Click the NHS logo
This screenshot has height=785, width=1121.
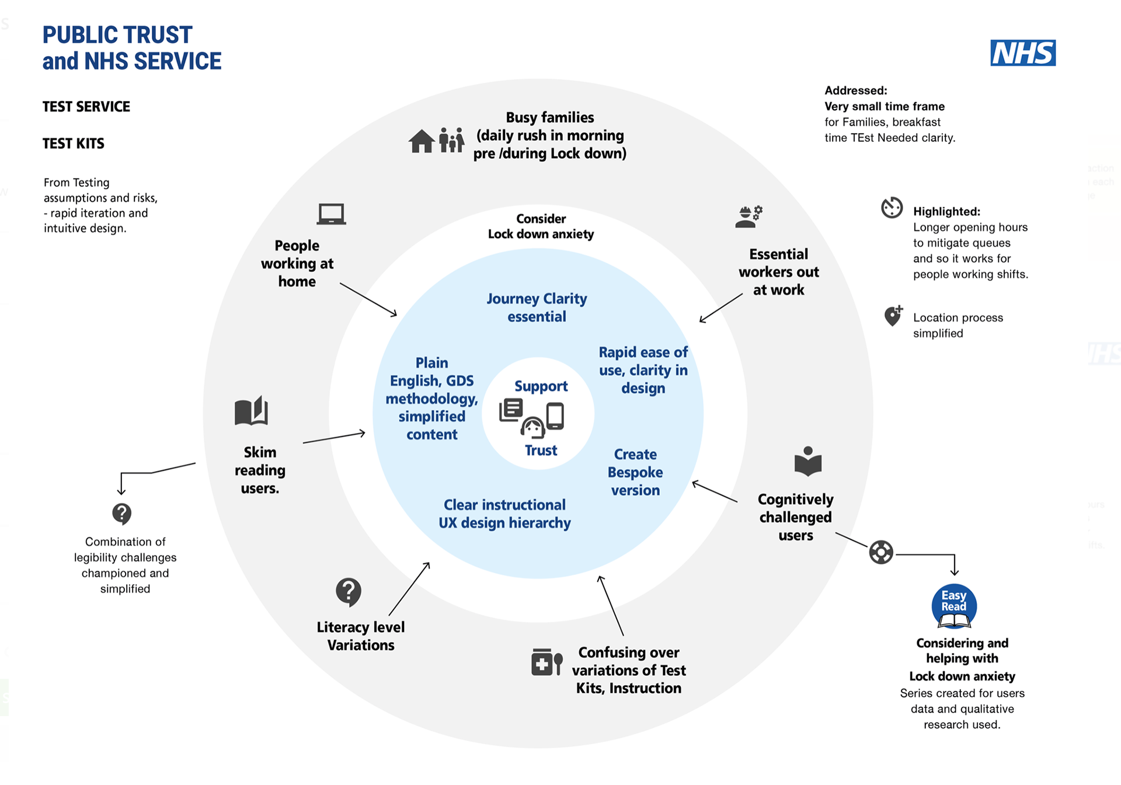[x=1023, y=53]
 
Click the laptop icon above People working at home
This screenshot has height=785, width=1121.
[x=331, y=214]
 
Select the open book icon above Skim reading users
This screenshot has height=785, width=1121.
[x=251, y=411]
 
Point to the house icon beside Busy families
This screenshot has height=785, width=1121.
[x=421, y=141]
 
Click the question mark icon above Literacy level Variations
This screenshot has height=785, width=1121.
[x=349, y=592]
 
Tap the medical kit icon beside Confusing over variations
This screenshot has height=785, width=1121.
[x=546, y=662]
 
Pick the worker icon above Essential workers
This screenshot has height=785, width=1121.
[x=749, y=217]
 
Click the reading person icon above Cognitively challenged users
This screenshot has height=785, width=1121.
[x=807, y=462]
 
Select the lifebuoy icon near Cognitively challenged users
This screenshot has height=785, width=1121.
[x=881, y=552]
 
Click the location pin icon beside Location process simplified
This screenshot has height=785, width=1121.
[x=893, y=316]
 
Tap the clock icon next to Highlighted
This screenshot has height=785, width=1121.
[x=892, y=208]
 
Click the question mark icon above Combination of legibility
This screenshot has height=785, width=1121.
[x=121, y=514]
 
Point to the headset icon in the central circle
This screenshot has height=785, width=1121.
[x=532, y=428]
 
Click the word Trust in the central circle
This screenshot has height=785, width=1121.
[x=541, y=451]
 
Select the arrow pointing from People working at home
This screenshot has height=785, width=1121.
[x=368, y=299]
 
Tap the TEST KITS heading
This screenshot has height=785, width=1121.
[x=74, y=144]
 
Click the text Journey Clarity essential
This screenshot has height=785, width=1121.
[x=537, y=308]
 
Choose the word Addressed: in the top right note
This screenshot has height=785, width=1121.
[x=855, y=90]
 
